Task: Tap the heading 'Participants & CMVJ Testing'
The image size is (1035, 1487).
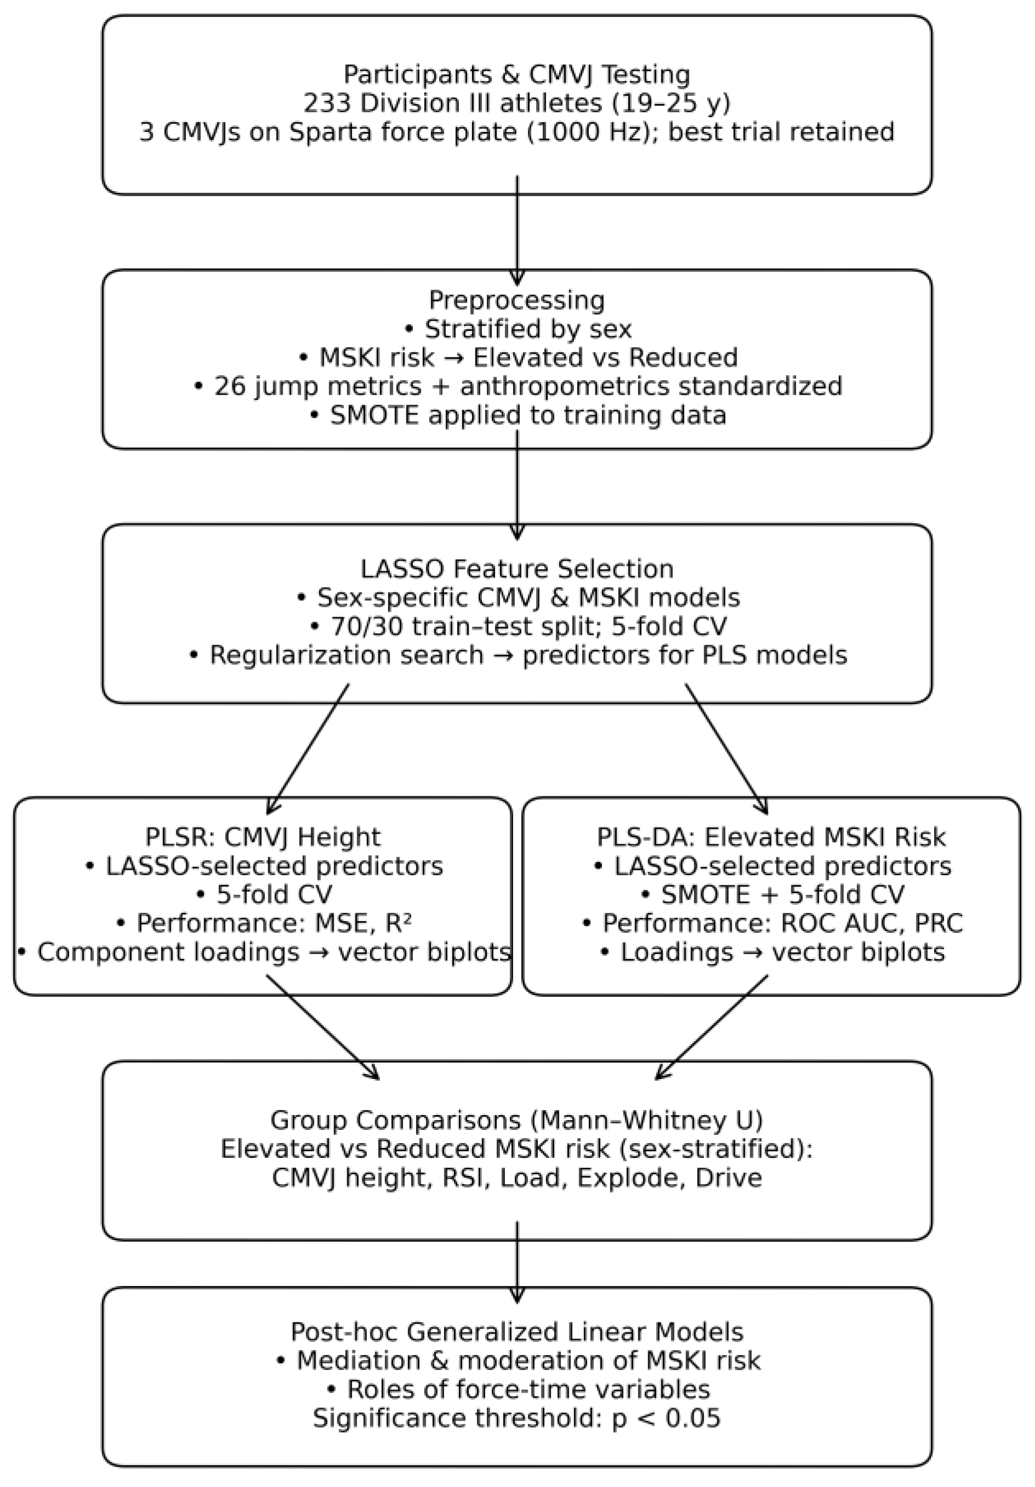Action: tap(516, 74)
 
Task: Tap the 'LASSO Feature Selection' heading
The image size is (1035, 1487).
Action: tap(516, 569)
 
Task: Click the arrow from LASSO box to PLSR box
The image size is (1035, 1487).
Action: tap(308, 749)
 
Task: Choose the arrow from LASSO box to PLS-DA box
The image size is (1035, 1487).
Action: tap(726, 749)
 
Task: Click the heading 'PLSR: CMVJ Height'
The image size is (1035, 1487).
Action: tap(262, 837)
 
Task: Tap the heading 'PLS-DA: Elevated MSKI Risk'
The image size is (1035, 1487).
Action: tap(771, 837)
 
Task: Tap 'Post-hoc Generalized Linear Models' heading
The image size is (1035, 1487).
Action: tap(516, 1331)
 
